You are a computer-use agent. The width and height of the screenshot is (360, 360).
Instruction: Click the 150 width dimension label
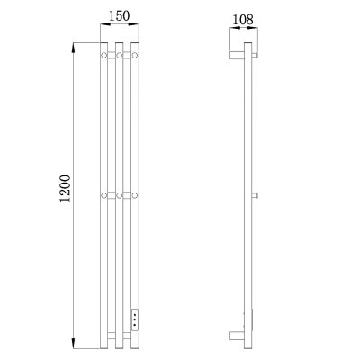click(119, 16)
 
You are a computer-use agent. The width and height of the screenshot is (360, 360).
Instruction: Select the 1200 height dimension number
click(65, 189)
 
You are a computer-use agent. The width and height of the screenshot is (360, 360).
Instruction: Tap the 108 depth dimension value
click(243, 20)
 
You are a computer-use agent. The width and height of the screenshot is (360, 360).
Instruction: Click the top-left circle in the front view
click(103, 55)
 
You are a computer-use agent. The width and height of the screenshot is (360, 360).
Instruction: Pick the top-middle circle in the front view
click(120, 55)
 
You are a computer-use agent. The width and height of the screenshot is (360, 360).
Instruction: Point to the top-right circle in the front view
click(135, 55)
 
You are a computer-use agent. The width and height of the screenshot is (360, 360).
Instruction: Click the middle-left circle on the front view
click(103, 195)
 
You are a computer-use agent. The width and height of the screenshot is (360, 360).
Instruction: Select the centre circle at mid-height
click(120, 195)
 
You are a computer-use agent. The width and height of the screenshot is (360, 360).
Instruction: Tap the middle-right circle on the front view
click(135, 195)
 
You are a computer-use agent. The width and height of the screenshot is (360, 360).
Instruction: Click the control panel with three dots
click(135, 319)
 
